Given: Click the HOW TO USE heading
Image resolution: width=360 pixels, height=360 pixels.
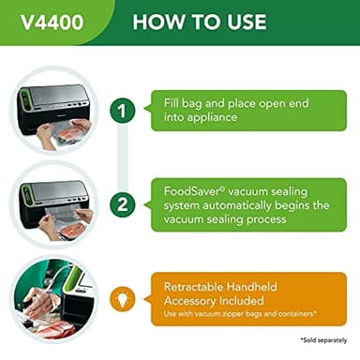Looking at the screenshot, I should (x=199, y=22).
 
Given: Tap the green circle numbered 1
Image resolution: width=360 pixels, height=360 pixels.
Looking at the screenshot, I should (x=122, y=111).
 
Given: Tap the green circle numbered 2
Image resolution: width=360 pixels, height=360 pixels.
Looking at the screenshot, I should (x=122, y=204).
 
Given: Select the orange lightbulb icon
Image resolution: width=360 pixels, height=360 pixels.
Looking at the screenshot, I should (x=122, y=298).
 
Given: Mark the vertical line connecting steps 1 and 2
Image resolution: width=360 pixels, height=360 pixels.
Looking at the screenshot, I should (x=122, y=157).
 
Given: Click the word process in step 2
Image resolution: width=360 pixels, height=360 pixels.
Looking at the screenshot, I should (x=301, y=218).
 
